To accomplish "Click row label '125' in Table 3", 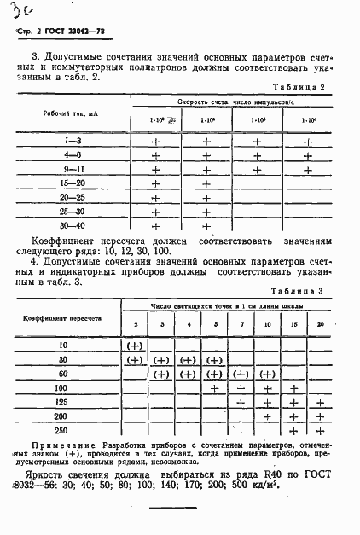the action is [x=61, y=401].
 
